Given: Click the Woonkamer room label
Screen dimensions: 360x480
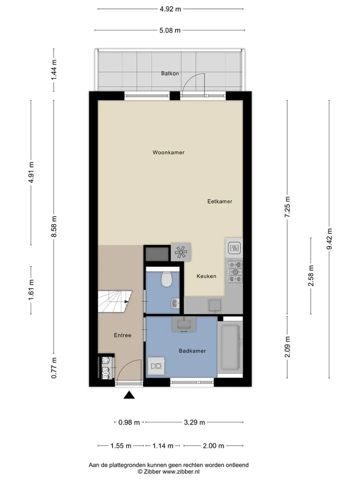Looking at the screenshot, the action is tap(168, 152).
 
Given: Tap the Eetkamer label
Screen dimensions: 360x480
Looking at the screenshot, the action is tap(219, 201).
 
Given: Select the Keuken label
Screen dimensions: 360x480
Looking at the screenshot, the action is tap(206, 276).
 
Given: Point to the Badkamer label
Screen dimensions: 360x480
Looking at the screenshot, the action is tap(192, 351).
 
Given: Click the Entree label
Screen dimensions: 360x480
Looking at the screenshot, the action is tap(122, 335).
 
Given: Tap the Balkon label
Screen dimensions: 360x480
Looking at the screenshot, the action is tap(170, 73).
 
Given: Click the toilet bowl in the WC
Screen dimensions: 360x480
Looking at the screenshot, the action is tap(166, 279).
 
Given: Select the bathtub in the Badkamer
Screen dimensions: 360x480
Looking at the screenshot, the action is tap(230, 347).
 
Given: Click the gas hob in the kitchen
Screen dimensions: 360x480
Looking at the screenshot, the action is tap(234, 271).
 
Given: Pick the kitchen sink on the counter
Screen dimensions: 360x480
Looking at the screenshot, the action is tap(215, 305).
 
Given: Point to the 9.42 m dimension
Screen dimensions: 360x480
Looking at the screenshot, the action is tap(329, 239).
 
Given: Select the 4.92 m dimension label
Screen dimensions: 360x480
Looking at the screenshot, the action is tap(170, 9).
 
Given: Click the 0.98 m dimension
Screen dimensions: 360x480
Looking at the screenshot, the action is tap(129, 422).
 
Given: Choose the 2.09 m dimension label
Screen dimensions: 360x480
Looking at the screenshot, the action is tap(287, 346).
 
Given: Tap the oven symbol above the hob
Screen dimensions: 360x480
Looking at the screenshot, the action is tap(234, 247).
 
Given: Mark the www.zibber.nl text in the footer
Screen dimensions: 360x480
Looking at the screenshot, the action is tap(180, 471).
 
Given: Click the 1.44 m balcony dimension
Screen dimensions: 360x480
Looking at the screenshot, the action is tap(54, 70).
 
